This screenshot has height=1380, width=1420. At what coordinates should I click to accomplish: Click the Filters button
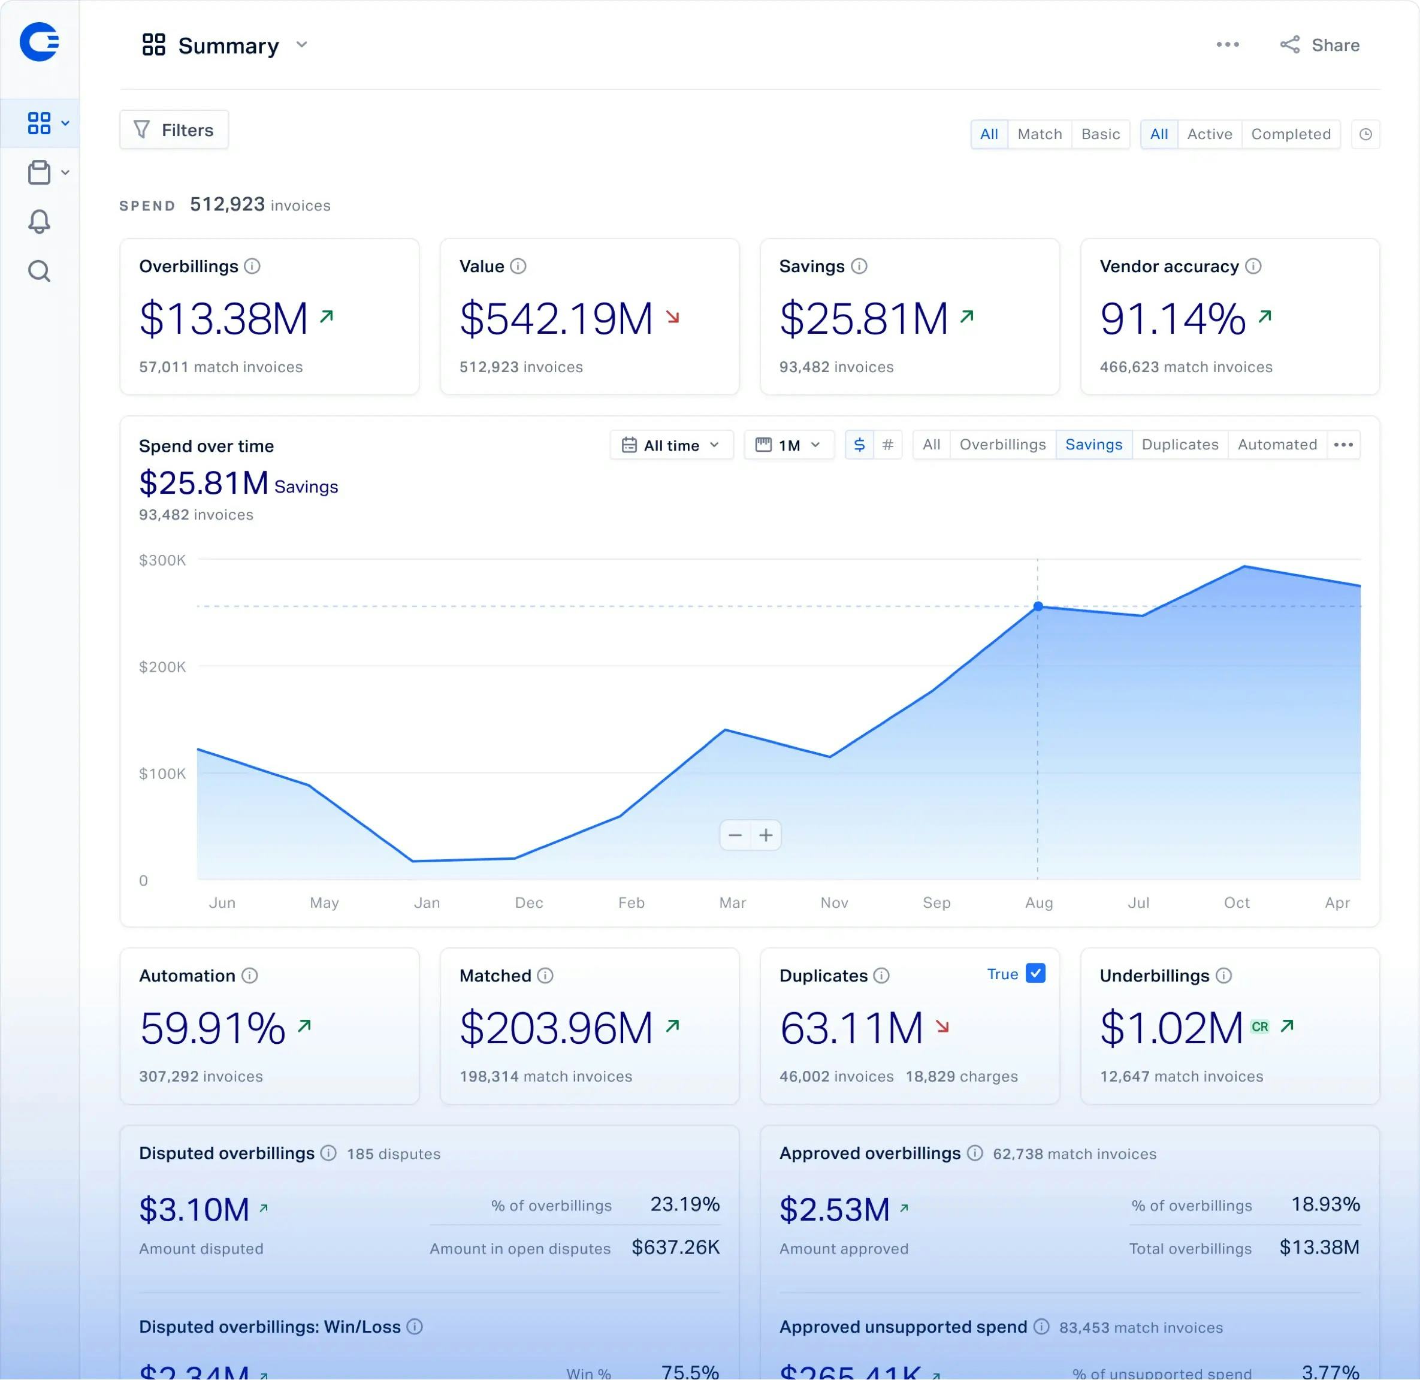(174, 130)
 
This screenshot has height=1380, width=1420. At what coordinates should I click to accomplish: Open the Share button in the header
(1320, 45)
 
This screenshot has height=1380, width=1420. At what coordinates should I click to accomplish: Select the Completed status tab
(1290, 134)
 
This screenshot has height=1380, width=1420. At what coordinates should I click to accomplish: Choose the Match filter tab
(1039, 134)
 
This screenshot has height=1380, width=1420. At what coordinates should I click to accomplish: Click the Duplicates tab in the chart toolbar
(1179, 444)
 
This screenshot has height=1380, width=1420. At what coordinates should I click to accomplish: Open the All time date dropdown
(671, 445)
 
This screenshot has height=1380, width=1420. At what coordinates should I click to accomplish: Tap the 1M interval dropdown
(788, 445)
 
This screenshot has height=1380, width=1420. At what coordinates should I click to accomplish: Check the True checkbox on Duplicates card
(1035, 973)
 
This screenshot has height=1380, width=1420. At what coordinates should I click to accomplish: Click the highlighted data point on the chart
(1037, 606)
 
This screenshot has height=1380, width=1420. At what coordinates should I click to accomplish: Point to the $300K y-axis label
(162, 560)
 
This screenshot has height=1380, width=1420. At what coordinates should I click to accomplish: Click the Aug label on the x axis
(1038, 902)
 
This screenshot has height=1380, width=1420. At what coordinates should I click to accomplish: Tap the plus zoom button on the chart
(766, 835)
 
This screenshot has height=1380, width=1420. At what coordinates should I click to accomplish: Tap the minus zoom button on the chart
(735, 835)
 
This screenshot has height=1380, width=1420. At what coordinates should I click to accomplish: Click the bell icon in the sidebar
(39, 221)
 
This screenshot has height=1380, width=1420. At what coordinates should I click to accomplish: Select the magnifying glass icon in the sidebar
(39, 271)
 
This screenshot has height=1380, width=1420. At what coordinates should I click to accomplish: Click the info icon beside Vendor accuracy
(1253, 266)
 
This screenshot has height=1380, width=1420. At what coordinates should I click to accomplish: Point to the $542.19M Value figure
(556, 318)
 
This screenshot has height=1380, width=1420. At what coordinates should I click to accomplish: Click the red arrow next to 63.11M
(942, 1026)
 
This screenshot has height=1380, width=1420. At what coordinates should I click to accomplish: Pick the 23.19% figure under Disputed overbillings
(684, 1204)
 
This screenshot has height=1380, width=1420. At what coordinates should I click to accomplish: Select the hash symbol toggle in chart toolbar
(887, 444)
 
